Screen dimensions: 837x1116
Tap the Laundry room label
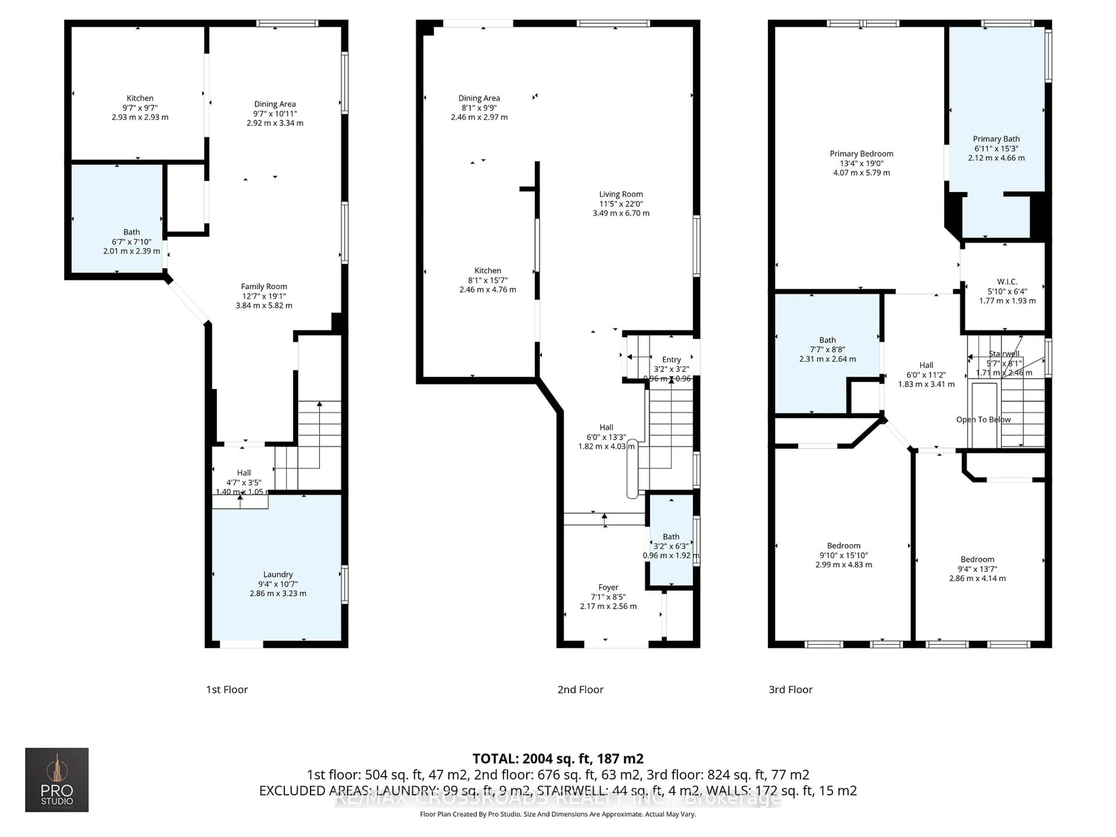278,574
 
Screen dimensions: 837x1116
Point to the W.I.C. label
1007,282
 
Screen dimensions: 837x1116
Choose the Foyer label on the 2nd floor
608,587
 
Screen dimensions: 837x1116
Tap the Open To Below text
983,419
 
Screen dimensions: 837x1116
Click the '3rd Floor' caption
790,689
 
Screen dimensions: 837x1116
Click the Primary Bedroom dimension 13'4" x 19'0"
861,163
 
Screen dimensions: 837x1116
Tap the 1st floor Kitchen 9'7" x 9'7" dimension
140,108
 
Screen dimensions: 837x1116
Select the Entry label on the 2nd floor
671,359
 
